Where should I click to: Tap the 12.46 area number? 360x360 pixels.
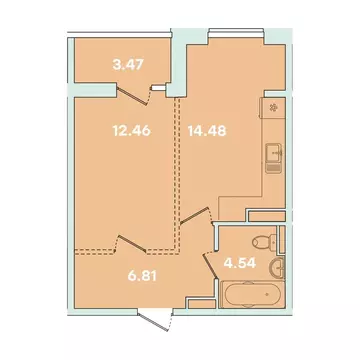pos(128,128)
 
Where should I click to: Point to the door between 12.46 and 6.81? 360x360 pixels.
pos(133,243)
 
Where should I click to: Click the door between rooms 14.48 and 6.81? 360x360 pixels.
pos(199,216)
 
